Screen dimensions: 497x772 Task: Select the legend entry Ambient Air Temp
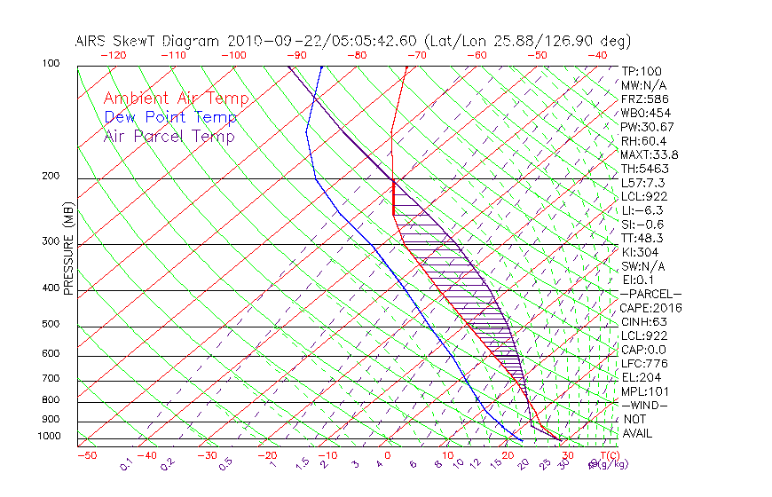(176, 99)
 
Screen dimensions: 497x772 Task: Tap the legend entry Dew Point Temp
(170, 117)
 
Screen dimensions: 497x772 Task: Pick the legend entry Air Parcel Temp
(169, 136)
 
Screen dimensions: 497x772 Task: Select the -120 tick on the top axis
(113, 55)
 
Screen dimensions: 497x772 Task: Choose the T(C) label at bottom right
(609, 454)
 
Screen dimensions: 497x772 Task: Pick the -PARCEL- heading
(650, 294)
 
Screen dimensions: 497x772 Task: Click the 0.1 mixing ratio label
(126, 461)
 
